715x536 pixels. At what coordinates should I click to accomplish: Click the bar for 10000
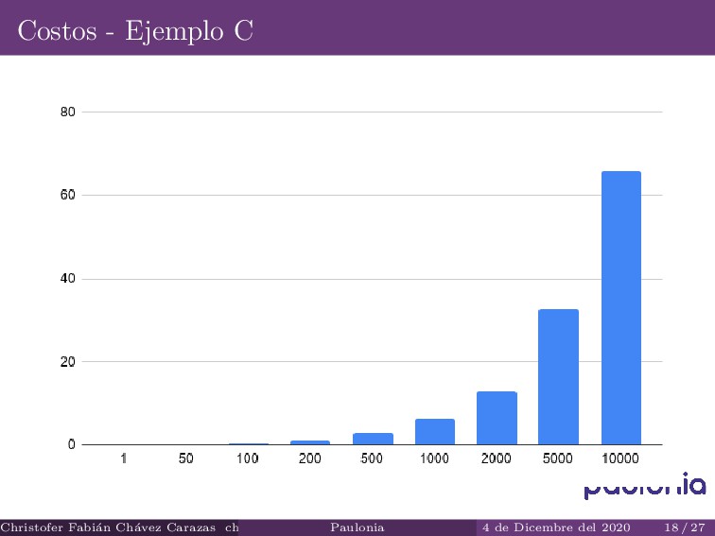[620, 307]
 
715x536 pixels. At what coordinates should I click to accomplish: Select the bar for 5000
[558, 376]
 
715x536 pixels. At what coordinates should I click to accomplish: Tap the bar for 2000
[497, 418]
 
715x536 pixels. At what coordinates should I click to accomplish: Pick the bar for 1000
[435, 431]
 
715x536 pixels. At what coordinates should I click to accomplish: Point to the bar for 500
[373, 439]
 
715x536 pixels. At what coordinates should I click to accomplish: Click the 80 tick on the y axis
[67, 112]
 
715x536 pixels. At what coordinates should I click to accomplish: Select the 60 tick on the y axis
[67, 195]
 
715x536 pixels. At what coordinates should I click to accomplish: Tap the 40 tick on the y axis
[67, 279]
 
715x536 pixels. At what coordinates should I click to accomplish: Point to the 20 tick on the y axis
[67, 361]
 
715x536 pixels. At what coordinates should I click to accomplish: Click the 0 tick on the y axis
[71, 444]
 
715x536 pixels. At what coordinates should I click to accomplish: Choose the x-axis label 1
[124, 458]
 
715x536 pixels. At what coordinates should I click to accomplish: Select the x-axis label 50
[185, 458]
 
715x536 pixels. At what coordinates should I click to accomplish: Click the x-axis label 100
[248, 458]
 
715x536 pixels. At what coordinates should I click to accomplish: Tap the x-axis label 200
[310, 458]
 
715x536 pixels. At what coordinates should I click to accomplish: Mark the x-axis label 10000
[620, 458]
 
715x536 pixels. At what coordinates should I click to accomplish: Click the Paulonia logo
[644, 486]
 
